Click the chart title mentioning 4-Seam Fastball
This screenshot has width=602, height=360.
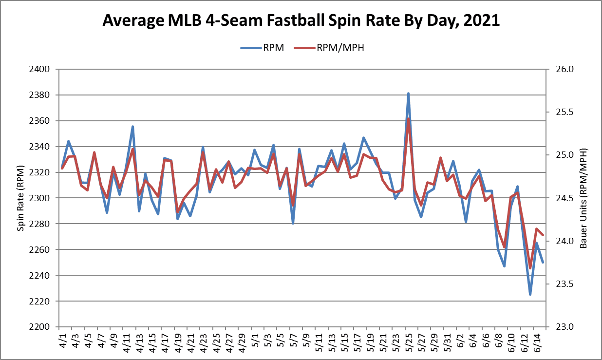(x=301, y=20)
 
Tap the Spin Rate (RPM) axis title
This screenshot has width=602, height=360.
(x=20, y=198)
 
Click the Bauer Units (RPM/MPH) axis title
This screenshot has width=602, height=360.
(x=583, y=198)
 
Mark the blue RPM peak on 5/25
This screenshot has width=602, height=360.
(x=408, y=94)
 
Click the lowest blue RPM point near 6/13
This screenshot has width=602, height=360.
(x=530, y=294)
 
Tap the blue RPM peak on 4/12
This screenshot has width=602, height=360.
(x=132, y=127)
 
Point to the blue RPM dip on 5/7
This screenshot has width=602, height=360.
(x=293, y=223)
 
